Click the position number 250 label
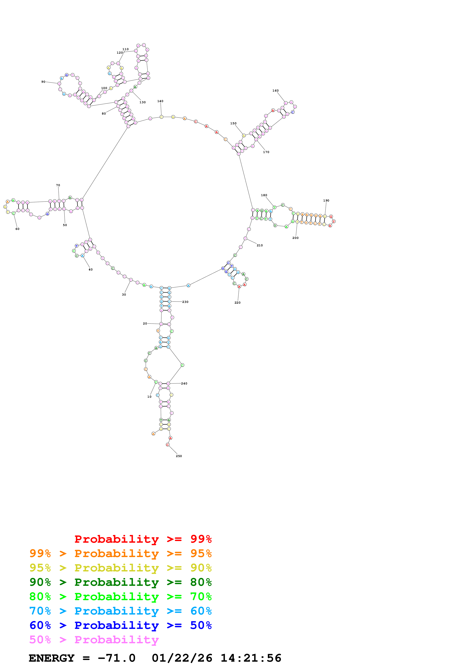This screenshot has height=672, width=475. click(x=179, y=456)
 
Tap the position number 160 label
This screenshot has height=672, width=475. click(x=275, y=91)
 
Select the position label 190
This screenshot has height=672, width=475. click(x=326, y=201)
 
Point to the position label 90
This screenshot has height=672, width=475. click(x=43, y=82)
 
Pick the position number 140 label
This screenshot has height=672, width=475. click(x=160, y=101)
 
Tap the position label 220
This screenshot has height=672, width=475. click(x=237, y=303)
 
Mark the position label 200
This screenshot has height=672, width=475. click(x=295, y=238)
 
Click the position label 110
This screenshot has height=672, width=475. click(x=126, y=49)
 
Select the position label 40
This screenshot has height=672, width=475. click(x=91, y=270)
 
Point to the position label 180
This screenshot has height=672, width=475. click(x=264, y=195)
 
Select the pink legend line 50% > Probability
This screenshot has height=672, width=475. click(x=94, y=640)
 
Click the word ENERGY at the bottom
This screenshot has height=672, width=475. click(x=52, y=658)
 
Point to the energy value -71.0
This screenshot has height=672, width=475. click(x=116, y=658)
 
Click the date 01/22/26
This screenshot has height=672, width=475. click(x=182, y=658)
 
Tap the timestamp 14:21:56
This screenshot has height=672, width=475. click(x=251, y=658)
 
